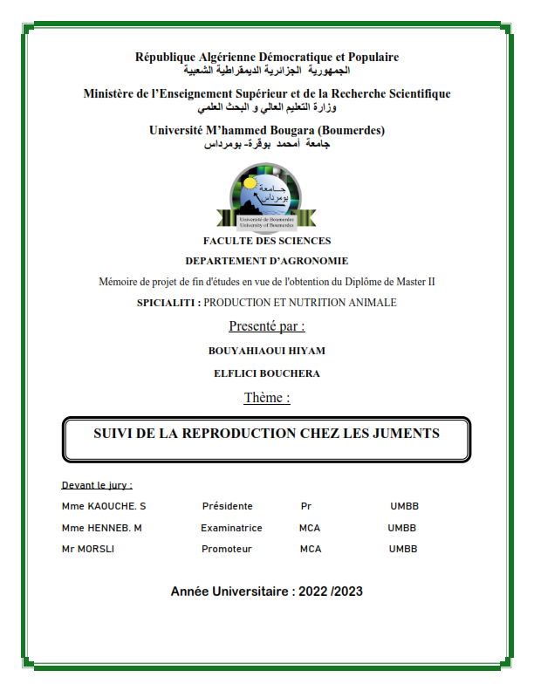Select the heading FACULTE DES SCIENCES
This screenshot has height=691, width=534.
pos(267,241)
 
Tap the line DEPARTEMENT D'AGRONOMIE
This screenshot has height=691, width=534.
pos(267,260)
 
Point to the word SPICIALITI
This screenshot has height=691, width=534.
pos(168,303)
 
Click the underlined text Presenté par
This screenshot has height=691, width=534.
pos(267,326)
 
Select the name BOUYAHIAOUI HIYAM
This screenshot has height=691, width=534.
pos(267,351)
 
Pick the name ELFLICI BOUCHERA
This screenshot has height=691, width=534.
pos(267,373)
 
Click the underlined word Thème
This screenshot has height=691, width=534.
pos(267,398)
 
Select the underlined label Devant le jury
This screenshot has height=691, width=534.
pos(97,485)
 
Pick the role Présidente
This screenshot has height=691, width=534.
pos(227,506)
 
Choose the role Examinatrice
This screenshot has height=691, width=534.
pos(231,528)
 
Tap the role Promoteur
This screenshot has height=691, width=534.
pos(227,549)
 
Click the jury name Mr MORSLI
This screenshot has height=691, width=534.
pos(88,549)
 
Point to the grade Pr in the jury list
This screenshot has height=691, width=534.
pos(305,506)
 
